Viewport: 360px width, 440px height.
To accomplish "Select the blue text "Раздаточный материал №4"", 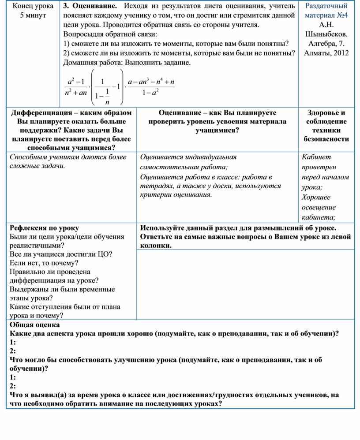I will click(x=326, y=11).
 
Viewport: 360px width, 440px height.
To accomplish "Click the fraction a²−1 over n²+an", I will click(x=75, y=87).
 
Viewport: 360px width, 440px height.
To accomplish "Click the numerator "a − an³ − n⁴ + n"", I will click(x=150, y=82).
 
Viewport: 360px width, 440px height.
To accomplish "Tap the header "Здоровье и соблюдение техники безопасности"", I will click(x=326, y=126).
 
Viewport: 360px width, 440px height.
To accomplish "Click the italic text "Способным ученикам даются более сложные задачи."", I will click(x=68, y=161).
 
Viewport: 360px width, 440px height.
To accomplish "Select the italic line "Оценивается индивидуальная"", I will click(x=188, y=157).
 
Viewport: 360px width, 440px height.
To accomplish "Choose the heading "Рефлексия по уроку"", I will click(x=44, y=228).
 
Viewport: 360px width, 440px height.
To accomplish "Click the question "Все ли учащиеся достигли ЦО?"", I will click(x=60, y=254).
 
